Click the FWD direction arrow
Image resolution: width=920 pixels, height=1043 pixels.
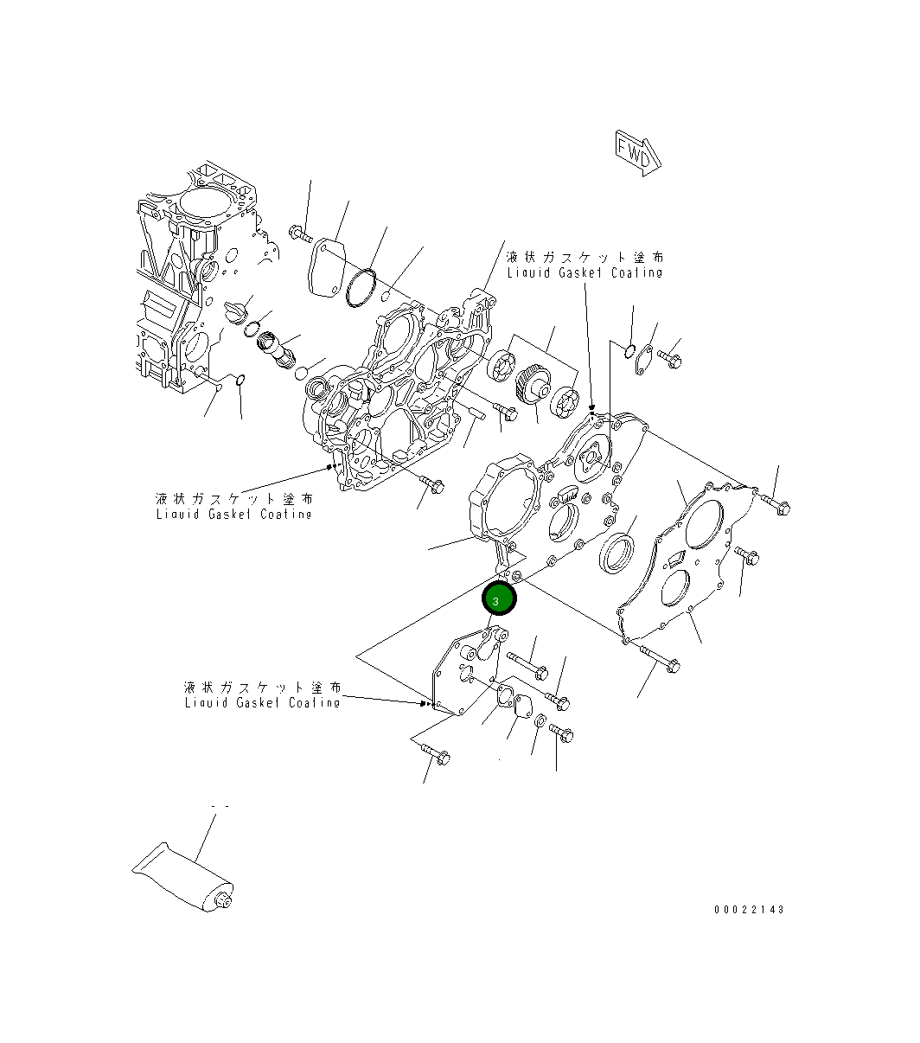pyautogui.click(x=638, y=153)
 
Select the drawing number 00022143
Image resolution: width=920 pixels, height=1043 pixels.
pyautogui.click(x=749, y=910)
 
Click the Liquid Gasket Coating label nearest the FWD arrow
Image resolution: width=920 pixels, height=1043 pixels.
pyautogui.click(x=585, y=265)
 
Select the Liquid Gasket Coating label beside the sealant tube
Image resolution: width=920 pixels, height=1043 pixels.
pyautogui.click(x=262, y=694)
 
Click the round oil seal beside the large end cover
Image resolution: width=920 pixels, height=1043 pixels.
pyautogui.click(x=617, y=553)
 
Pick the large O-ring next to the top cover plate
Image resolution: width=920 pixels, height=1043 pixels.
pyautogui.click(x=361, y=287)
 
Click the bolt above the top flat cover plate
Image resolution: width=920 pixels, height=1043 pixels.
pyautogui.click(x=301, y=232)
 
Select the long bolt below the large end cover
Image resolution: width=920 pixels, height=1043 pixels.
pyautogui.click(x=661, y=659)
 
